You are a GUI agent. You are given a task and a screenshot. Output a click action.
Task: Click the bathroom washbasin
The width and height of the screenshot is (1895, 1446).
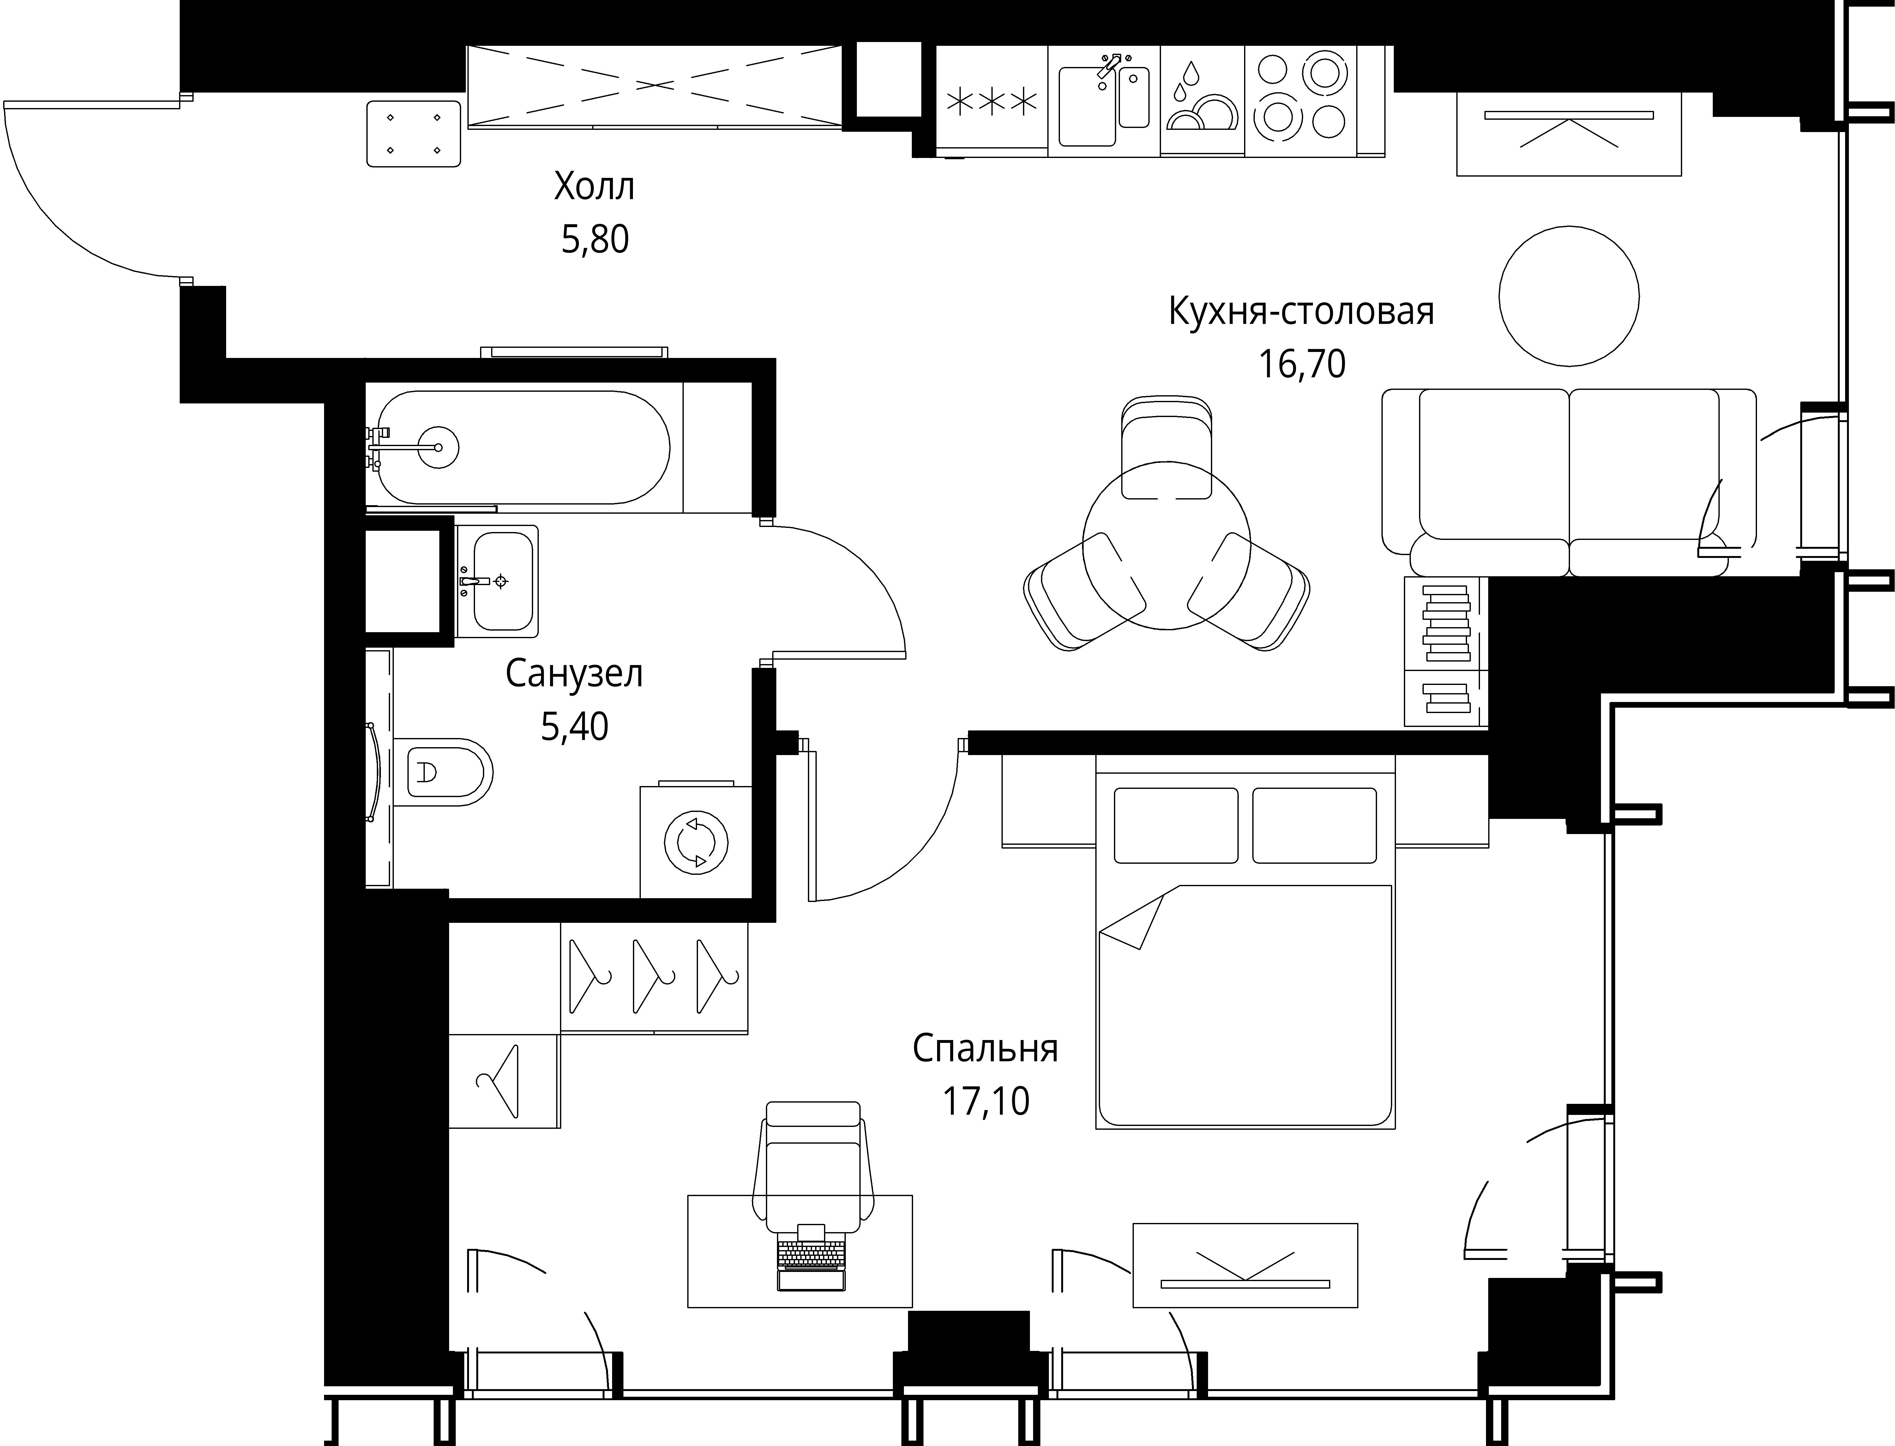(x=496, y=581)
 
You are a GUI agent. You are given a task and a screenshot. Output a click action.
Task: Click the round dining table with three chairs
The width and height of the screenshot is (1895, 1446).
(x=1166, y=544)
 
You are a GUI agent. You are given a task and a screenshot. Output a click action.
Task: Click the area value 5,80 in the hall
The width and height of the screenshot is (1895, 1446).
(x=595, y=239)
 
